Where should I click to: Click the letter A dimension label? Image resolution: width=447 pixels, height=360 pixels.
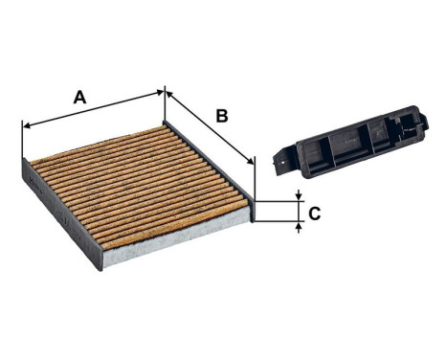pos(80,97)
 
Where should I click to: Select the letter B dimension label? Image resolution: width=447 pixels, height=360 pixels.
pos(221,117)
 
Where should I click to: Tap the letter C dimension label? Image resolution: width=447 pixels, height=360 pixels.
pos(314,213)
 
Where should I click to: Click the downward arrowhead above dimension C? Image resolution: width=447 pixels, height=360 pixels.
pos(300,196)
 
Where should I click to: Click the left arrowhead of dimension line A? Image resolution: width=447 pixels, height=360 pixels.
pos(25,124)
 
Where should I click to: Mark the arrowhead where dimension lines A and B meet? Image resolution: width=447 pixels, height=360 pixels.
pos(166,92)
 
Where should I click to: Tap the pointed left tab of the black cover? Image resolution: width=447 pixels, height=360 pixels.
pos(278,162)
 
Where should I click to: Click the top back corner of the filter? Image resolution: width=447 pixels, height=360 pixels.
pos(165,122)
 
